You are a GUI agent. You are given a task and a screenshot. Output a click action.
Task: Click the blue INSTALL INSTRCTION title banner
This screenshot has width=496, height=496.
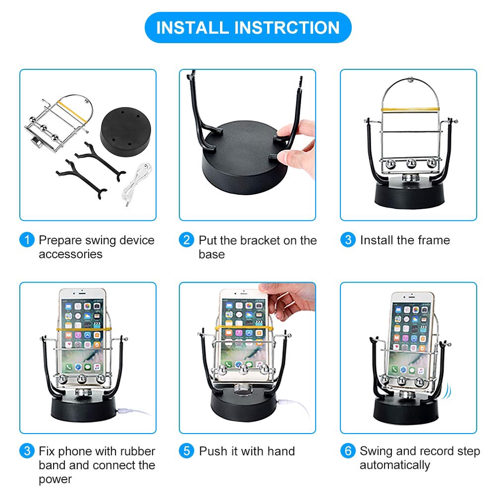pos(248,28)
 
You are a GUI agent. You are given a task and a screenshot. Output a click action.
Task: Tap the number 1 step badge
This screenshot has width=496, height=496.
pos(27,240)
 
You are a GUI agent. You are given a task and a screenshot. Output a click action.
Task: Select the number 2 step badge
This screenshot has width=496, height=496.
pos(187,240)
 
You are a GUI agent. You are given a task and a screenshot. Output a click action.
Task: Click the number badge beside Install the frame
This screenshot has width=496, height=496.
pos(348,240)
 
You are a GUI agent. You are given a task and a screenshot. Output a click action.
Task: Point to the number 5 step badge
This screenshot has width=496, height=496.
pos(187,451)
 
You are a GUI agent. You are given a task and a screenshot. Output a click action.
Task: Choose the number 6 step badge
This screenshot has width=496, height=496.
pos(348,451)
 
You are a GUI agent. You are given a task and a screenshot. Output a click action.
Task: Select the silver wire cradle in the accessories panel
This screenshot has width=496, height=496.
pos(58,123)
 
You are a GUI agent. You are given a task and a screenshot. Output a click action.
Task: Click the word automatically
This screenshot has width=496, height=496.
pos(395,465)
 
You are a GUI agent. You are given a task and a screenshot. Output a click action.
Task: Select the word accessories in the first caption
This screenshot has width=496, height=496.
pos(70,254)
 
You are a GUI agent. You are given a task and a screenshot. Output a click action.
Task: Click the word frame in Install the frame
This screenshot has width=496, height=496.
pos(434,240)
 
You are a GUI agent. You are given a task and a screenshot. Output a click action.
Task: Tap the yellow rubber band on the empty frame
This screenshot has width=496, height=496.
pos(410,110)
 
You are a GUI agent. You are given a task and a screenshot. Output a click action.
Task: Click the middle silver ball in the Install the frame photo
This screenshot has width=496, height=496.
pos(411,164)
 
